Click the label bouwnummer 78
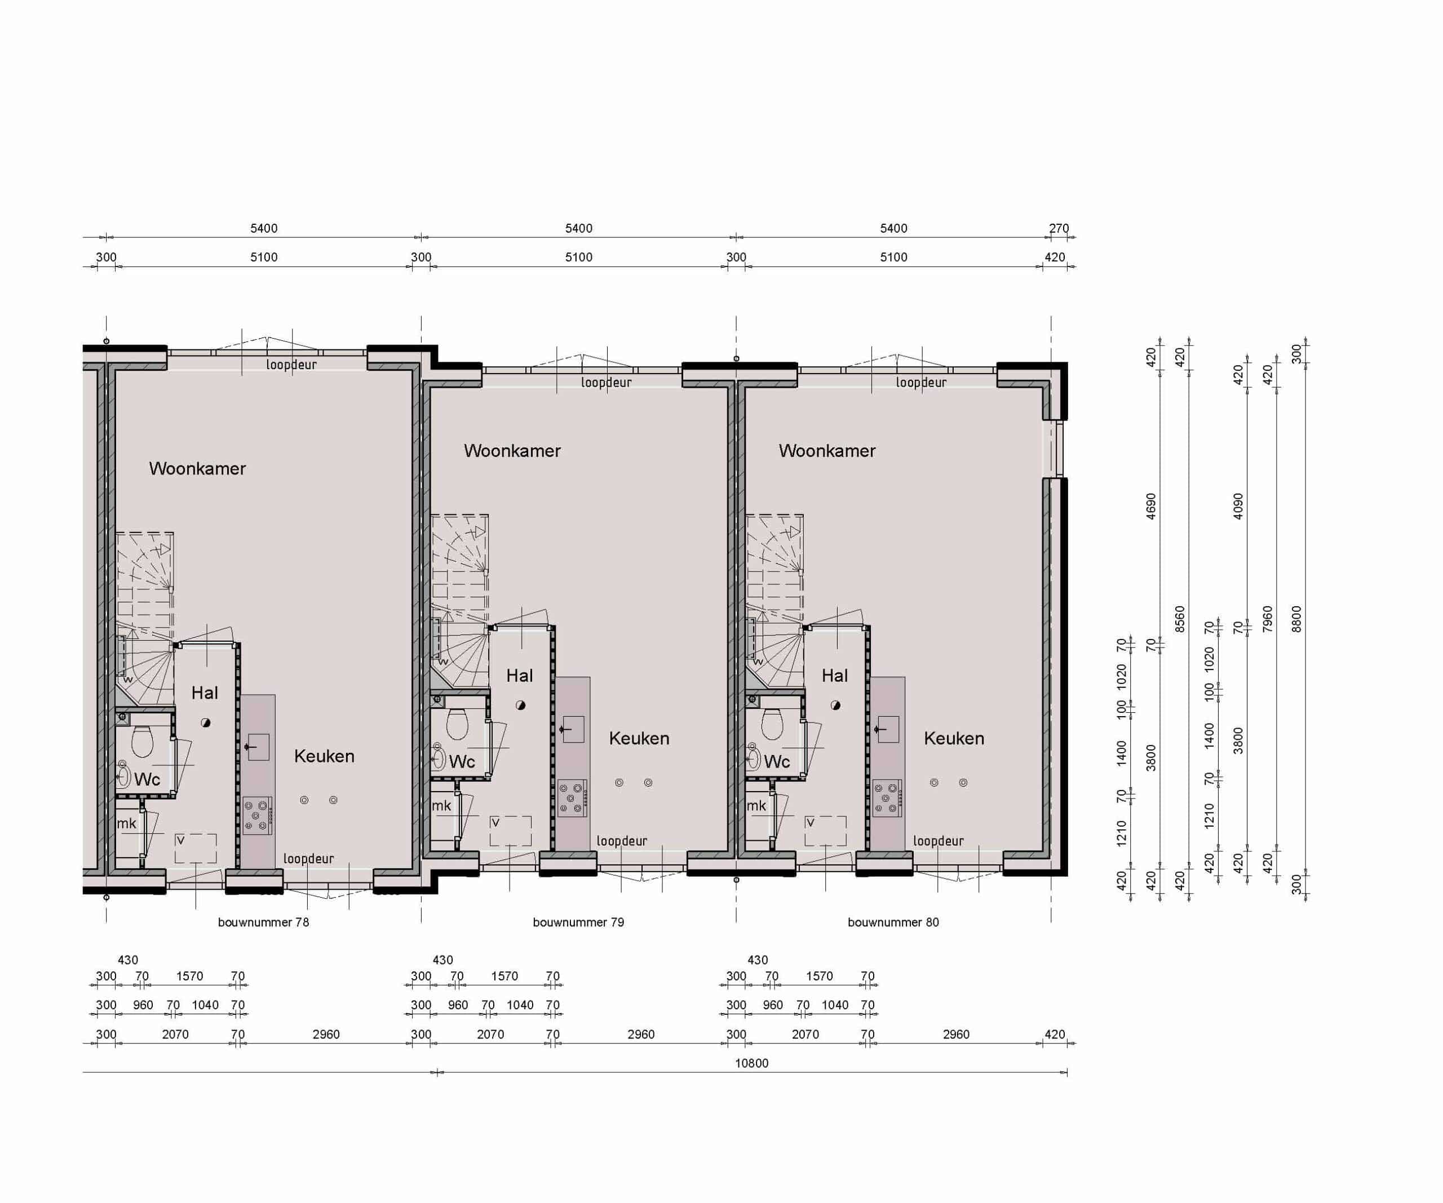click(x=263, y=922)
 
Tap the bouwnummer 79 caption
click(x=578, y=922)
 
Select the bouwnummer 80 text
click(x=893, y=922)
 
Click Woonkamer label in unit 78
click(x=197, y=469)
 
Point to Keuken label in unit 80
click(x=954, y=739)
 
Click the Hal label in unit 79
click(x=520, y=676)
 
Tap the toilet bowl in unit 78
click(x=142, y=740)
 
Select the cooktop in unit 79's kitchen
click(x=572, y=798)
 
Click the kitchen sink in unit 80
click(x=888, y=729)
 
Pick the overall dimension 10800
click(x=752, y=1063)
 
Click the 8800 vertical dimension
click(x=1296, y=619)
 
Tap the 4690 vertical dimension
click(x=1151, y=507)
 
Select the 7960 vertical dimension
click(x=1268, y=619)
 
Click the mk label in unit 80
click(x=756, y=806)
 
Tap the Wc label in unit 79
click(x=462, y=761)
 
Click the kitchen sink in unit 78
click(x=258, y=747)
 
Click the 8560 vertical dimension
click(x=1180, y=619)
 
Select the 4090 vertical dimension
click(x=1238, y=507)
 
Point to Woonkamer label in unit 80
click(x=827, y=451)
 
